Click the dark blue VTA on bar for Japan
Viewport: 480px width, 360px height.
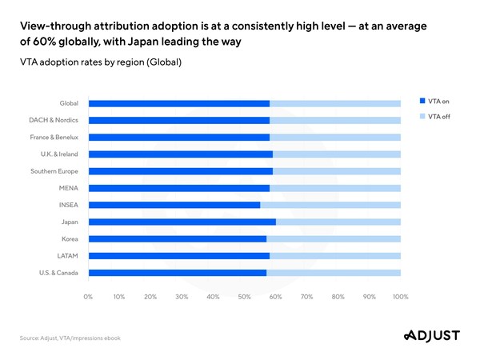[x=182, y=222]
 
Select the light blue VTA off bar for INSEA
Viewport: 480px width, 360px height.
[x=330, y=205]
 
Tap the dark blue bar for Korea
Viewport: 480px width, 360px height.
[x=177, y=238]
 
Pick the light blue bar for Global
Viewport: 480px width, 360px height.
[x=335, y=103]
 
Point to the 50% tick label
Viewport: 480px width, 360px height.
[x=244, y=297]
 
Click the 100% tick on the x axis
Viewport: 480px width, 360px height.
[x=401, y=297]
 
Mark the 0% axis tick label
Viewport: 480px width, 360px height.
[x=88, y=297]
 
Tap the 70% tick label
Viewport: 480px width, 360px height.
[x=306, y=297]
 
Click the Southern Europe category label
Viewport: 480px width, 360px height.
[x=54, y=171]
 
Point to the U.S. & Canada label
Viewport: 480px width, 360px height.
[x=55, y=273]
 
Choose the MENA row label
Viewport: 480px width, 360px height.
[x=67, y=188]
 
